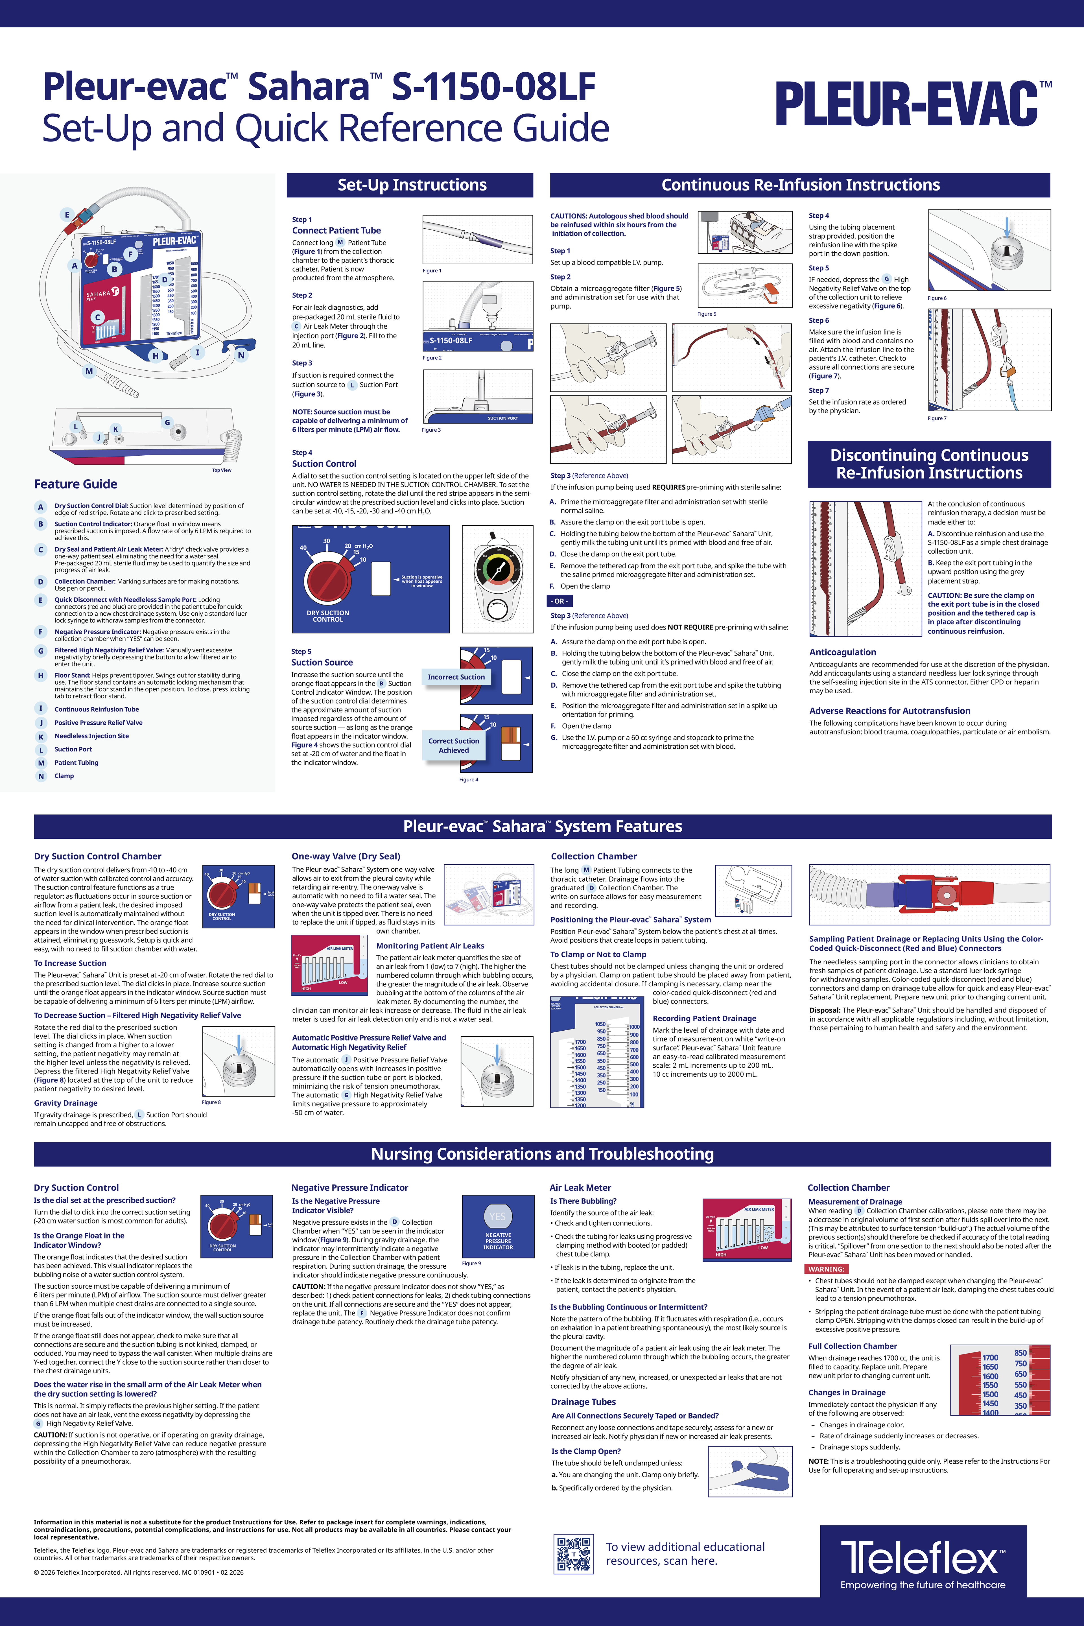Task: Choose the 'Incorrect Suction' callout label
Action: [x=456, y=677]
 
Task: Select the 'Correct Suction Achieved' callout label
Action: [x=454, y=745]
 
